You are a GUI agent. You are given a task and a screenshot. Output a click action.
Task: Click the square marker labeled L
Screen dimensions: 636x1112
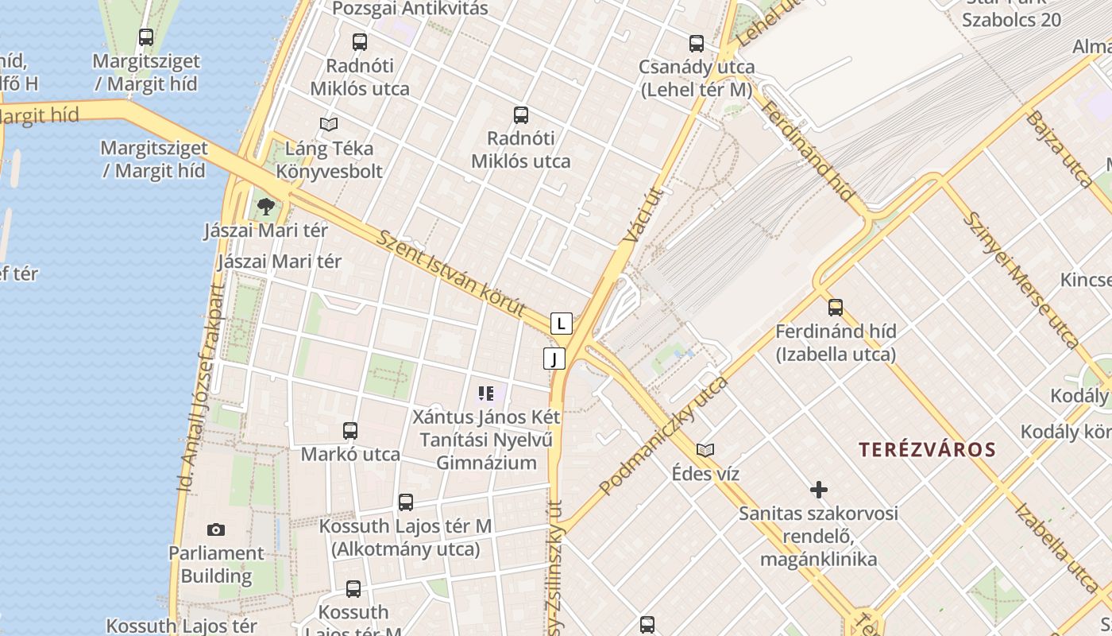pos(562,324)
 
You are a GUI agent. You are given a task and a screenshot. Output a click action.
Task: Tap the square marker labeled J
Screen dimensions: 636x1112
pos(554,359)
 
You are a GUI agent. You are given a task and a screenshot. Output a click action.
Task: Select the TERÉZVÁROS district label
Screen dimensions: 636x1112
pos(927,449)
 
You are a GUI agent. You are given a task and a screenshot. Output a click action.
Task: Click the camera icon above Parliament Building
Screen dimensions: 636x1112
pos(215,529)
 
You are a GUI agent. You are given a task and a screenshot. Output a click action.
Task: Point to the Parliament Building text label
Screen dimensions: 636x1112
pos(215,564)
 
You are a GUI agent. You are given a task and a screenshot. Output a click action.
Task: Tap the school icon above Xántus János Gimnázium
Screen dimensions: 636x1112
pos(486,393)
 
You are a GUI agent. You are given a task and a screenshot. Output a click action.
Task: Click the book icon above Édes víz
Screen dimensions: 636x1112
pos(705,450)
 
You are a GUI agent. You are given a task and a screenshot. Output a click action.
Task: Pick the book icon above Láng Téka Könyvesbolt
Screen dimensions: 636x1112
pos(328,124)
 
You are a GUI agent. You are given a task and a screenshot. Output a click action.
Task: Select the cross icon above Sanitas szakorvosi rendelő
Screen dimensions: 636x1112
pos(818,489)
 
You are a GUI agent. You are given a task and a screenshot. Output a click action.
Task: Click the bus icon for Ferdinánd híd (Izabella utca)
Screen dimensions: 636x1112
pos(835,308)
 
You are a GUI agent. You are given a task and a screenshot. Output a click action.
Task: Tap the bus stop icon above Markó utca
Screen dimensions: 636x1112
pos(350,431)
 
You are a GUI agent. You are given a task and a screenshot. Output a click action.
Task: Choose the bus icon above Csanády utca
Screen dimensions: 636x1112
pos(697,44)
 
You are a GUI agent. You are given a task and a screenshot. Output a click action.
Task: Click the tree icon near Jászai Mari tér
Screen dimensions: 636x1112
pos(265,207)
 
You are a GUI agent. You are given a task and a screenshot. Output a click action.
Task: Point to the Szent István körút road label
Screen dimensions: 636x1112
pos(451,273)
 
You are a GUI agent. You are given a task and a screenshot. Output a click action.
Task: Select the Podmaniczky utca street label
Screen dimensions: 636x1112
pos(664,434)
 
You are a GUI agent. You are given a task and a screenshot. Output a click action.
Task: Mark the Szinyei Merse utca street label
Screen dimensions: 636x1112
pos(1021,279)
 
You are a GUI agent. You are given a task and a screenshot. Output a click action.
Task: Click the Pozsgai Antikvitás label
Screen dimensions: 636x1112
pos(410,9)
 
